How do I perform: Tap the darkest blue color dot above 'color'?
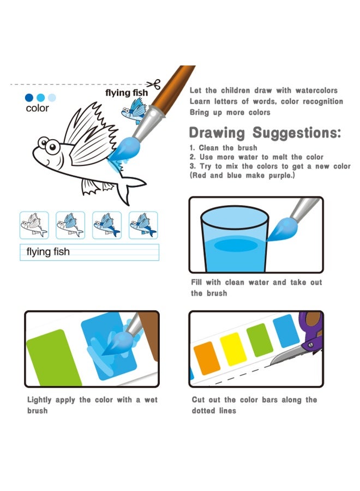[x=29, y=98]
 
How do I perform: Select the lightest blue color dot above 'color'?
[x=52, y=98]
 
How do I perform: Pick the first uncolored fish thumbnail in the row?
[x=34, y=225]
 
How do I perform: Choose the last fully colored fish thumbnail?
[x=143, y=225]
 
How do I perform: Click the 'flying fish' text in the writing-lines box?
[x=48, y=252]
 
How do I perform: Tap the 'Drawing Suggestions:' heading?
[x=265, y=133]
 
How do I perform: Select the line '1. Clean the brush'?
[x=223, y=148]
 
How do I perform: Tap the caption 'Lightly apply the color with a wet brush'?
[x=92, y=405]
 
